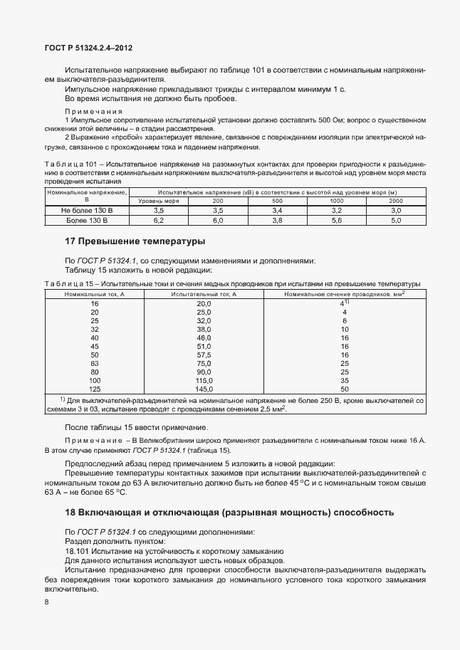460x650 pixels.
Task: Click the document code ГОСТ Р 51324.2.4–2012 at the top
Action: pos(84,48)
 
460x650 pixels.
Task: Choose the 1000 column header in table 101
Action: pos(337,201)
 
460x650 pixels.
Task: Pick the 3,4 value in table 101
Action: pos(277,211)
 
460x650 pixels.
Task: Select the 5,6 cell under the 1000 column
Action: pos(337,221)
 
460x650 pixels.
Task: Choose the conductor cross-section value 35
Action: pos(344,380)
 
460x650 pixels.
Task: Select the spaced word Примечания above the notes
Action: pos(94,112)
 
